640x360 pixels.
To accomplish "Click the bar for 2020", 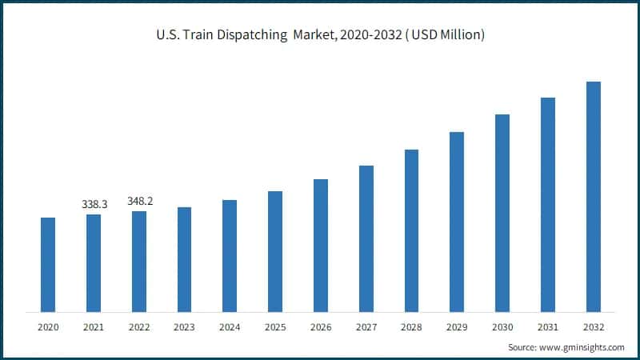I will click(48, 264).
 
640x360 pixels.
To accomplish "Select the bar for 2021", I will click(94, 262).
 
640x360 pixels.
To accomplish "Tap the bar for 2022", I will click(139, 261).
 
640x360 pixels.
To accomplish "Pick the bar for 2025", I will click(275, 251).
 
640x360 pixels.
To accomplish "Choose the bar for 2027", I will click(366, 238).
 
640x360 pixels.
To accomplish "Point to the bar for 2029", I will click(457, 222).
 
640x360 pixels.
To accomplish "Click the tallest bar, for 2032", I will click(594, 196).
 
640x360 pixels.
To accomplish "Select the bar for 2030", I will click(502, 213).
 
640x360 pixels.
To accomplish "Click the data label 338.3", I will click(94, 205).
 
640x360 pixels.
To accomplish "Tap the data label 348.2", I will click(140, 202).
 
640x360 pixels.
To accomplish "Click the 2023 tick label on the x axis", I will click(184, 327).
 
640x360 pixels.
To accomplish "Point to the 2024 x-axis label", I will click(230, 327).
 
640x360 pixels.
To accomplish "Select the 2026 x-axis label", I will click(321, 327).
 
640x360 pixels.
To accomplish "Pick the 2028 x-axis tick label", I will click(411, 327).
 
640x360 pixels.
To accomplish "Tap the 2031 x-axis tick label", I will click(548, 327).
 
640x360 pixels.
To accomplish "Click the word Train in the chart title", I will click(198, 35).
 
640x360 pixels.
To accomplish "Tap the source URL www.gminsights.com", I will click(582, 347).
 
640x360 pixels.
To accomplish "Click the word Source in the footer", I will click(523, 347).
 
